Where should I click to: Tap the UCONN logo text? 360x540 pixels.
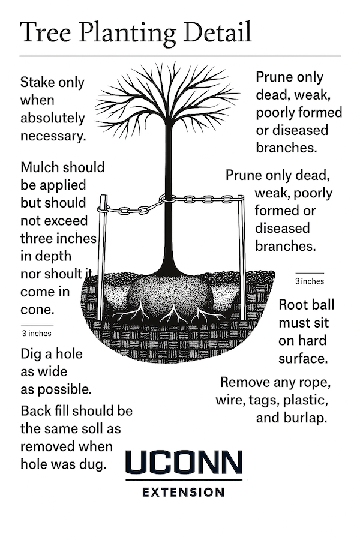[184, 463]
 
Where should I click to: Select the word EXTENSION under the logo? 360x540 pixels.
[184, 493]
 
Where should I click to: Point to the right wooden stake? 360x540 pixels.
[242, 258]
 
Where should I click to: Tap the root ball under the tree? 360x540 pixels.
[171, 294]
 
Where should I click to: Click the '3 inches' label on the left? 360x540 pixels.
[37, 333]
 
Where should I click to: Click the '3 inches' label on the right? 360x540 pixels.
[310, 281]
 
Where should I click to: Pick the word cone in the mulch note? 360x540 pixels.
[37, 310]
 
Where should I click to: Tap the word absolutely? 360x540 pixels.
[52, 118]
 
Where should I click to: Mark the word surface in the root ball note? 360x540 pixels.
[302, 359]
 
